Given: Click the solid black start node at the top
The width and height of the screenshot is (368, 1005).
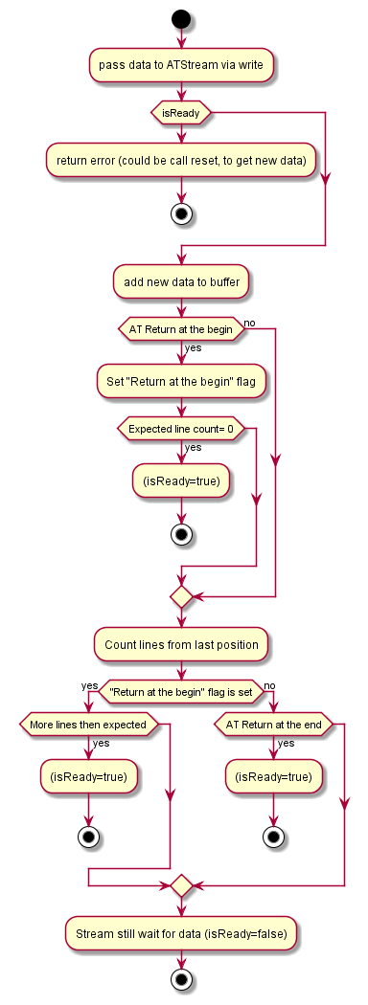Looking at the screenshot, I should (x=180, y=18).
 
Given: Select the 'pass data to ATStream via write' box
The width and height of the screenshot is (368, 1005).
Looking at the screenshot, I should (x=180, y=65).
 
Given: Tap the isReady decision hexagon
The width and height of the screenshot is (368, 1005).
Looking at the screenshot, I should (x=180, y=113).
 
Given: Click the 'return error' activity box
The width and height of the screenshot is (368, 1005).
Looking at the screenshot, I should (x=180, y=161).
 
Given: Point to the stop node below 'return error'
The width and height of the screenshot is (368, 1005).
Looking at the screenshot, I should (x=180, y=213).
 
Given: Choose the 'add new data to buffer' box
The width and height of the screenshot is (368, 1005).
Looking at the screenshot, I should (x=180, y=281).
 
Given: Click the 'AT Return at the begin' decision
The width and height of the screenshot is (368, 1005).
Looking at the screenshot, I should (x=180, y=329).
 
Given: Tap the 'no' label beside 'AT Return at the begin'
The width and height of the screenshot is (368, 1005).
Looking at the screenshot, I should (x=251, y=324).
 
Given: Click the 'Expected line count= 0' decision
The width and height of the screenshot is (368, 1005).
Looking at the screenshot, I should (x=180, y=427).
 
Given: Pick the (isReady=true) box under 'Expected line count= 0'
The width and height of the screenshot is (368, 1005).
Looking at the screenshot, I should (x=180, y=481).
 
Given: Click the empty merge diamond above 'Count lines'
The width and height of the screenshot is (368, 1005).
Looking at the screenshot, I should (x=180, y=596).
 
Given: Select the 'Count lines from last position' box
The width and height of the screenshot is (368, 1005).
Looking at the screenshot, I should (x=180, y=644).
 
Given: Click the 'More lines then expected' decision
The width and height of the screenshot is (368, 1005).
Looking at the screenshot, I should (x=88, y=724).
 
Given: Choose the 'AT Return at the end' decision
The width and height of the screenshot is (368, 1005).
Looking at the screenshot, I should (x=273, y=724).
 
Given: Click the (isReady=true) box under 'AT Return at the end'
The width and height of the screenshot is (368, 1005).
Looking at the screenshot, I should (x=273, y=776).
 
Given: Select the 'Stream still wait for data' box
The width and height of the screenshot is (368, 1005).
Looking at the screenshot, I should (x=180, y=929).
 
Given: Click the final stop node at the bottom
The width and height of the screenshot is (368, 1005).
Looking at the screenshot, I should (x=180, y=979).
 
